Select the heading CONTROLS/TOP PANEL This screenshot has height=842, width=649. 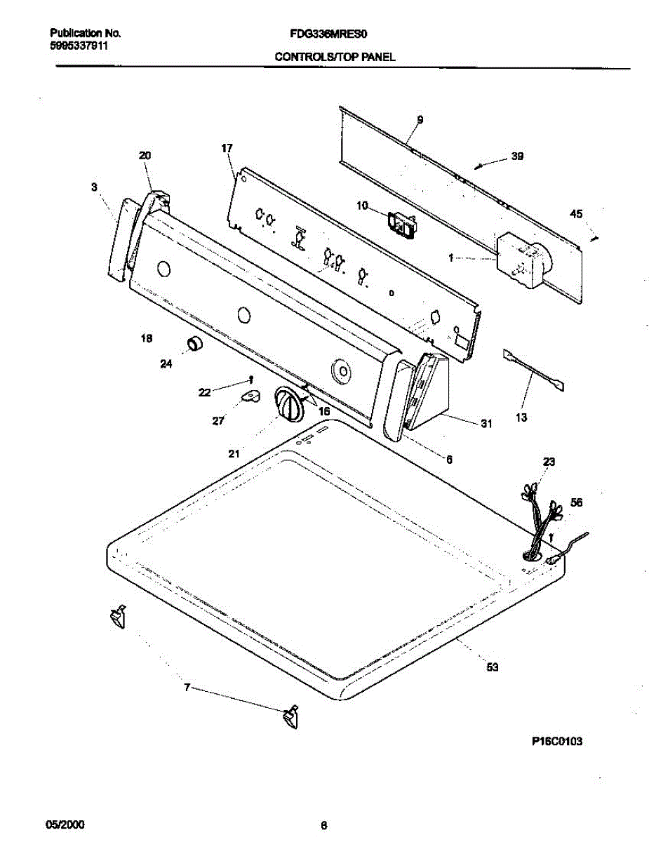335,58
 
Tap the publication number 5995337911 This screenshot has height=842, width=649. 79,45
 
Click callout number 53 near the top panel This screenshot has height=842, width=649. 493,667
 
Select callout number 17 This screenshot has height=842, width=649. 227,148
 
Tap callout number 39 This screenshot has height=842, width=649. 516,157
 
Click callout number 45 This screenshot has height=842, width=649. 575,214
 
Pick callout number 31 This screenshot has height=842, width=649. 486,423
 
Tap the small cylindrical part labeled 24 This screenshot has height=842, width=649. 193,345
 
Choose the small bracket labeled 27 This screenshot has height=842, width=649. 250,397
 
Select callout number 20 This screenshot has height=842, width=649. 145,156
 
